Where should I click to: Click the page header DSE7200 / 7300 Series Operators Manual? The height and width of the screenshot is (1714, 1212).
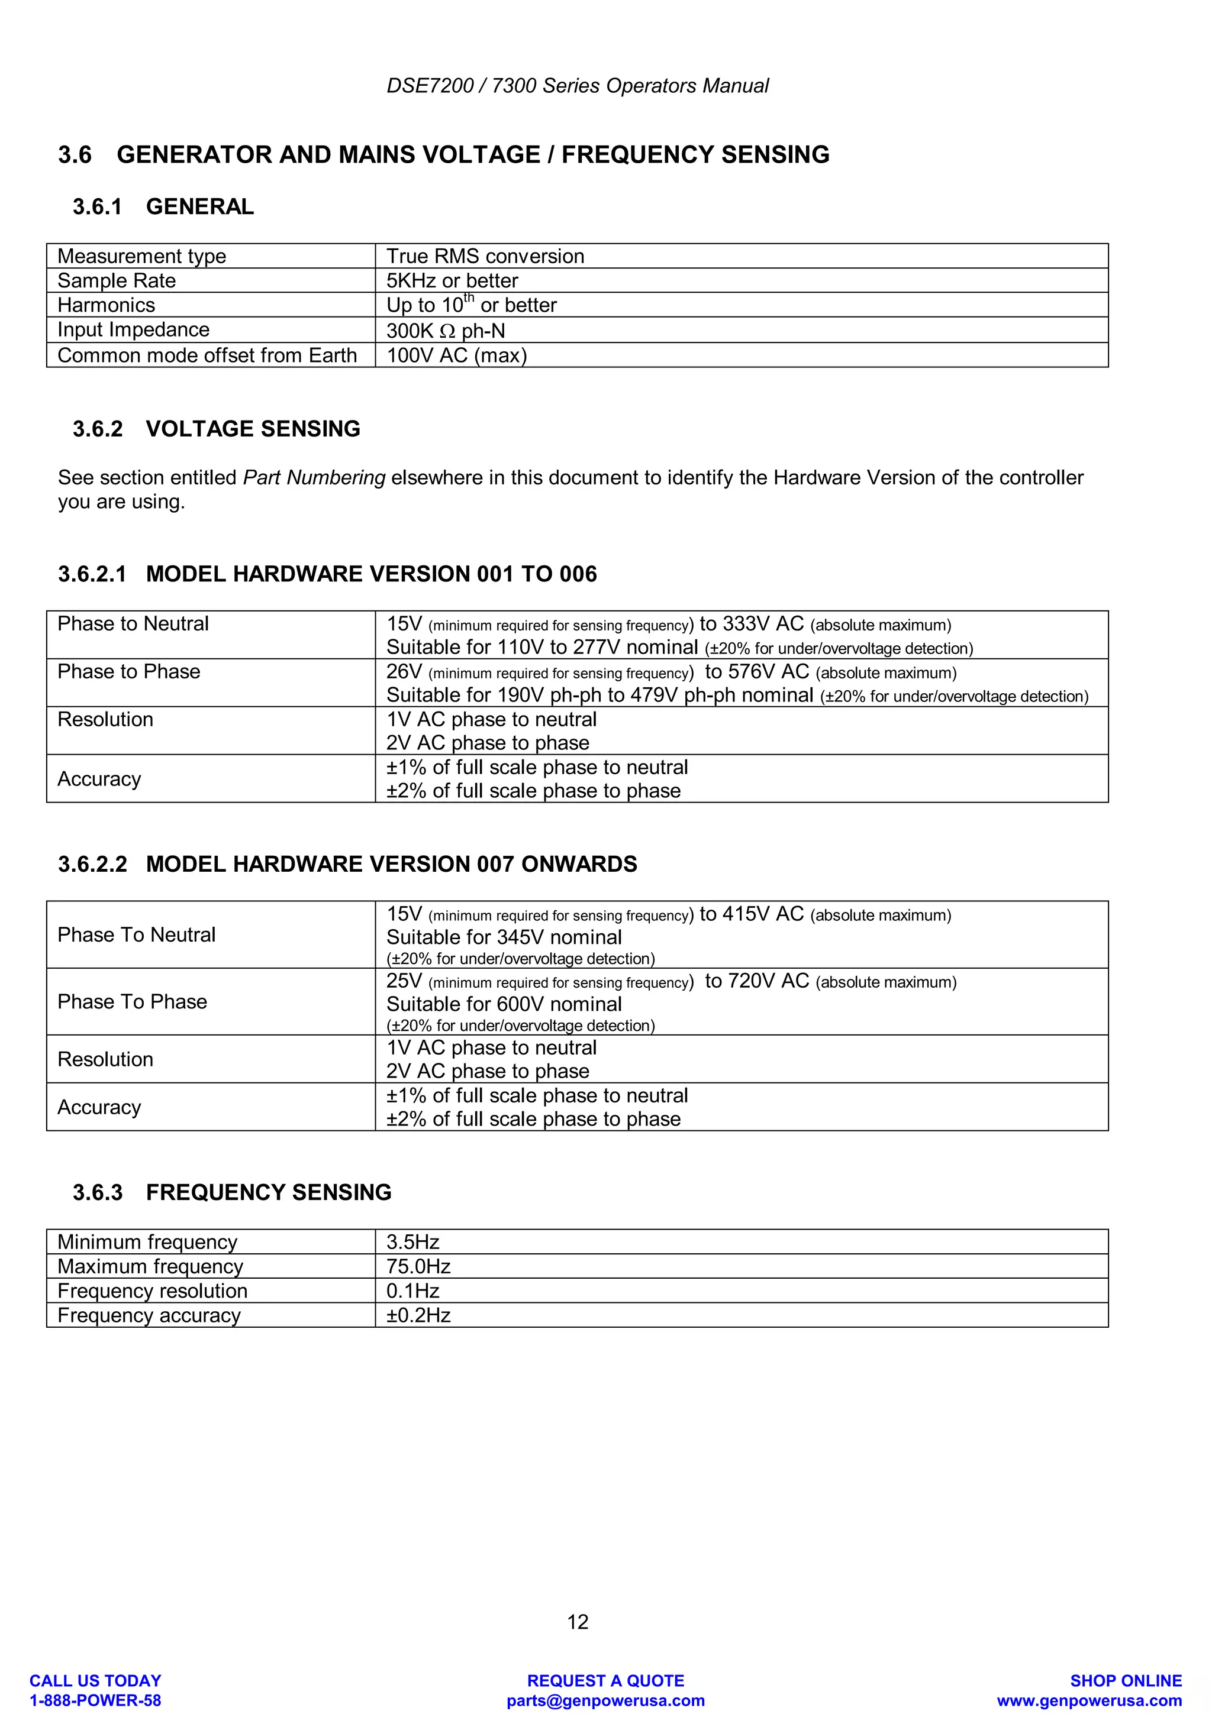click(577, 86)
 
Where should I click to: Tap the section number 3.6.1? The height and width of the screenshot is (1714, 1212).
click(97, 207)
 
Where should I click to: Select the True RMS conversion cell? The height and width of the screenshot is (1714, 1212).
click(485, 256)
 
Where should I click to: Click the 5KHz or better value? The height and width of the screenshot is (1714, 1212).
click(452, 281)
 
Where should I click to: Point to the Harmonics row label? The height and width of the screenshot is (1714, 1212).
click(106, 305)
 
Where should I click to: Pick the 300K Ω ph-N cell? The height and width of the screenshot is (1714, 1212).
click(445, 330)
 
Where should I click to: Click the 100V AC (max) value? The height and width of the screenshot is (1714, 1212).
click(456, 355)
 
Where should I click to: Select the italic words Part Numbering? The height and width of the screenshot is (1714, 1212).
click(314, 478)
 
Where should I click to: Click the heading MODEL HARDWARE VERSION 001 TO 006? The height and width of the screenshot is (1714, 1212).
click(371, 574)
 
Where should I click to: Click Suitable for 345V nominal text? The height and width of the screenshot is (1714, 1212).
click(504, 937)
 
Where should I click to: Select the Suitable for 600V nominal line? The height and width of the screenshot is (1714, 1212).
click(504, 1005)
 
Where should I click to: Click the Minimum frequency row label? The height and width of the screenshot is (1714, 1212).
click(147, 1242)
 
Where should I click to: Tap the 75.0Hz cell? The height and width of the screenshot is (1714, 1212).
click(418, 1267)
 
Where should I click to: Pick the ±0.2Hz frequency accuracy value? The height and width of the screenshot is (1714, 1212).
click(418, 1315)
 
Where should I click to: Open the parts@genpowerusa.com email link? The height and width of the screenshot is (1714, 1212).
click(605, 1700)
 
